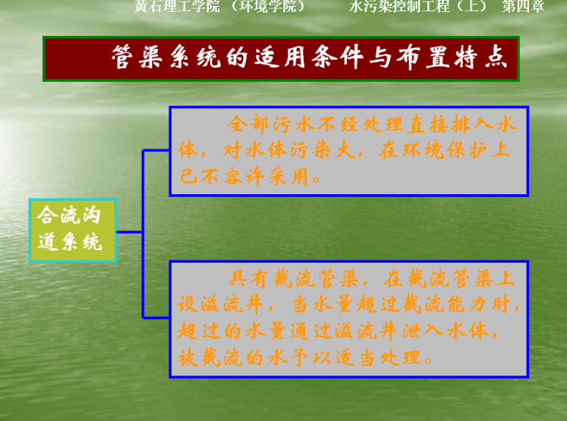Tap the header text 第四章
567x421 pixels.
[523, 7]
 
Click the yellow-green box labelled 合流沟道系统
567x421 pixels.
[73, 231]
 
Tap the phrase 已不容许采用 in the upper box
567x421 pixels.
[242, 178]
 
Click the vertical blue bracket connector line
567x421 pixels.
[143, 231]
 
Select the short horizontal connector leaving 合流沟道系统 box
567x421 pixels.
[130, 232]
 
